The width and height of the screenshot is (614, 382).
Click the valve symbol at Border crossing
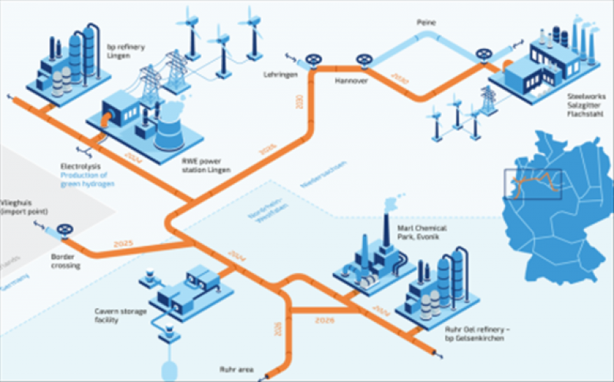pyautogui.click(x=68, y=230)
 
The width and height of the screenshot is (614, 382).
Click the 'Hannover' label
pyautogui.click(x=353, y=80)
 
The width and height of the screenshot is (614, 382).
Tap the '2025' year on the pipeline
pyautogui.click(x=124, y=244)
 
